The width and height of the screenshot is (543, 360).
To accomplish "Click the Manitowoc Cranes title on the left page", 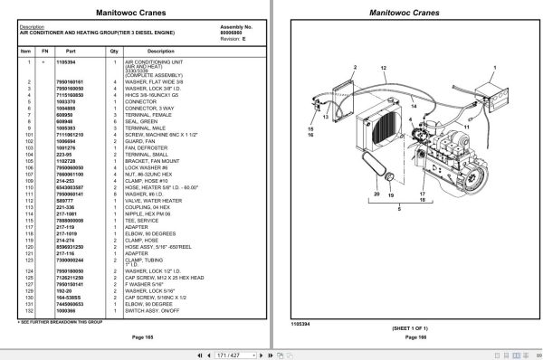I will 136,14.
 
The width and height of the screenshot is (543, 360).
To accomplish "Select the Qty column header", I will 115,52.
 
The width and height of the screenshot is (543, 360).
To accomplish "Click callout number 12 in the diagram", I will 387,68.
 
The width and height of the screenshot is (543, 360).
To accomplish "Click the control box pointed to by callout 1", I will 497,94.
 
